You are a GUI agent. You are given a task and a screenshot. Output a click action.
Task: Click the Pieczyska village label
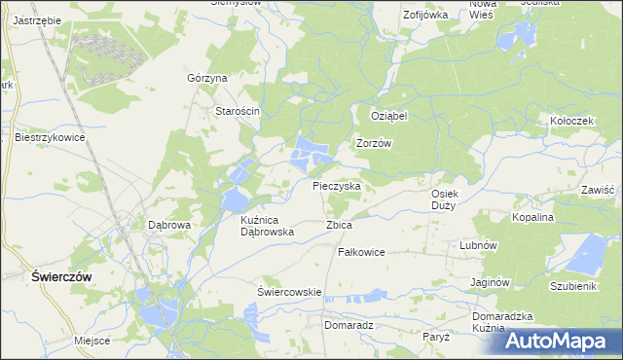pyautogui.click(x=337, y=185)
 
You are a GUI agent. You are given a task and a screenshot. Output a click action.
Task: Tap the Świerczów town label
pyautogui.click(x=60, y=276)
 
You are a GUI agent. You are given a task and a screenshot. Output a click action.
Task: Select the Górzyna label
pyautogui.click(x=206, y=78)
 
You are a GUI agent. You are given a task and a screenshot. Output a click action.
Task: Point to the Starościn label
pyautogui.click(x=237, y=111)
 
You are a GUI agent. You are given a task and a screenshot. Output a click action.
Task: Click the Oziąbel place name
pyautogui.click(x=388, y=115)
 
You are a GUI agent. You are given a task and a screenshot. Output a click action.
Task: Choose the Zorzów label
pyautogui.click(x=374, y=143)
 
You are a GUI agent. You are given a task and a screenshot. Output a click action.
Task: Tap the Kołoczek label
pyautogui.click(x=571, y=121)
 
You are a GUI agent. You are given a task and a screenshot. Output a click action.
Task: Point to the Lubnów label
pyautogui.click(x=479, y=246)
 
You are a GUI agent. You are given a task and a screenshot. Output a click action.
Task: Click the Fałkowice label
pyautogui.click(x=361, y=252)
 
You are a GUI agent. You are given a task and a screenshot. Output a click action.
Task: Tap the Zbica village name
pyautogui.click(x=339, y=225)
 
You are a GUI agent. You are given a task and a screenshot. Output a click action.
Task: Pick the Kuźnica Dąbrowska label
pyautogui.click(x=267, y=227)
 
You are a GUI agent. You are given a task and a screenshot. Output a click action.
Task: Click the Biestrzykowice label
pyautogui.click(x=51, y=138)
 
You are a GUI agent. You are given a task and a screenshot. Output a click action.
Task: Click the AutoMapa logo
pyautogui.click(x=562, y=341)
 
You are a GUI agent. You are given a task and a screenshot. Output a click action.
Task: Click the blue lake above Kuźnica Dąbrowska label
pyautogui.click(x=235, y=199)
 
